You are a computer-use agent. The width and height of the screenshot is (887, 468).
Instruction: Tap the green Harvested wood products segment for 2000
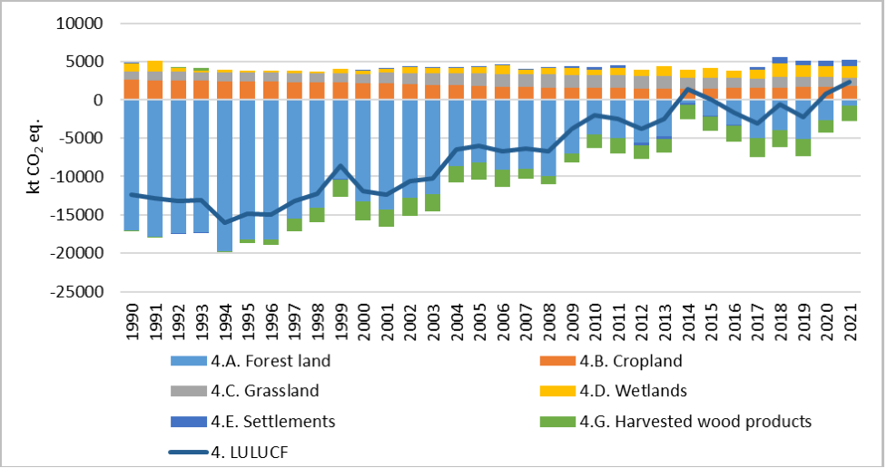363,210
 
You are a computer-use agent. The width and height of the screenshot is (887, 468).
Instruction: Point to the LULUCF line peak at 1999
340,166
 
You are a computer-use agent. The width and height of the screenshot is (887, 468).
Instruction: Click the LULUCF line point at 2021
849,82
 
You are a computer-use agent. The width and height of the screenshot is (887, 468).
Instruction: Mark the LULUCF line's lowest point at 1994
224,222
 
